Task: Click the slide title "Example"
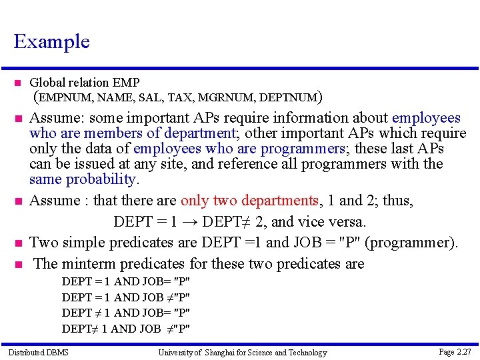click(x=51, y=41)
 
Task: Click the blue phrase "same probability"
click(x=83, y=179)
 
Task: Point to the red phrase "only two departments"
click(x=248, y=201)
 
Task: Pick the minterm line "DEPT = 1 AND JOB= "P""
click(x=126, y=281)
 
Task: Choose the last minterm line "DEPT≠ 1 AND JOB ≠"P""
click(x=126, y=328)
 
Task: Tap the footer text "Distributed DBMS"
click(x=38, y=352)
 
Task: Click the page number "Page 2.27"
click(x=455, y=351)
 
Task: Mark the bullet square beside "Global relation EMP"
click(x=17, y=83)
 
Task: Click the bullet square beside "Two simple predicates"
click(x=17, y=243)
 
